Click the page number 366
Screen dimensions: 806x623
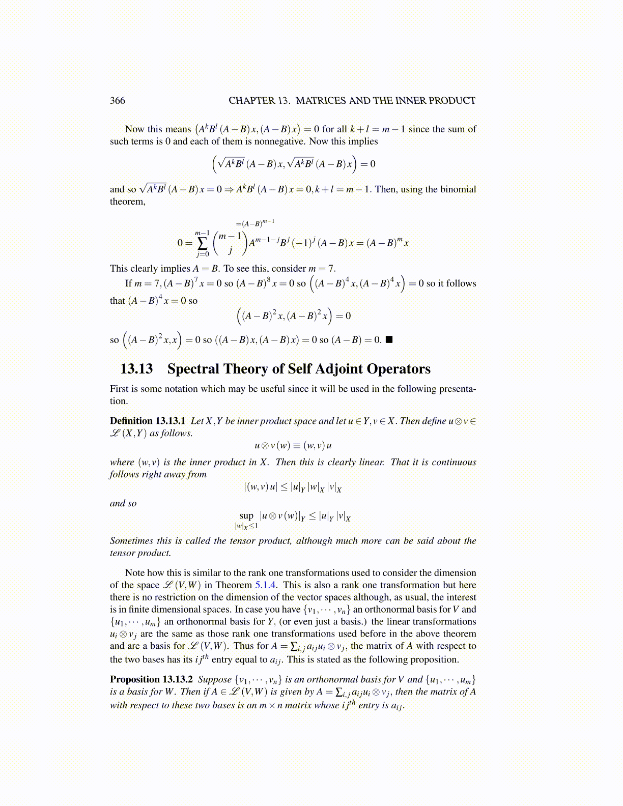tap(118, 101)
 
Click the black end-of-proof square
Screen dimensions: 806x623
tap(389, 339)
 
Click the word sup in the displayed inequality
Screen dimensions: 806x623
tap(246, 515)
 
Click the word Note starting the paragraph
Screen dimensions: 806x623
tap(135, 573)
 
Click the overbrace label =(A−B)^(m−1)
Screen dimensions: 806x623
tap(255, 223)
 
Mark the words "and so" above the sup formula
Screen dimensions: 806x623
tap(123, 503)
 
